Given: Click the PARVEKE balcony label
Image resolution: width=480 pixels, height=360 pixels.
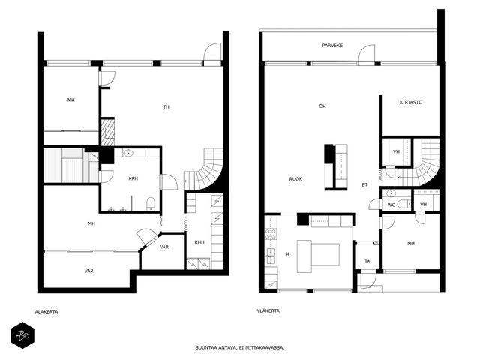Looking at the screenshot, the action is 332,46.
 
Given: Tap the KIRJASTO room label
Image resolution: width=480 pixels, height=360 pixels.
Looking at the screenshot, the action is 411,102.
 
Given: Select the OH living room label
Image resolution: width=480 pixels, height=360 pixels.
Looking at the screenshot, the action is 322,106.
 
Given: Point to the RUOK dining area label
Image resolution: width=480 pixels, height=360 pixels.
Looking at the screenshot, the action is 295,179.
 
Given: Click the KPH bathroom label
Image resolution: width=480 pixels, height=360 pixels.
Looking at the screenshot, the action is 133,178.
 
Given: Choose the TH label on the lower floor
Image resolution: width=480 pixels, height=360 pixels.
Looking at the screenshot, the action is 166,106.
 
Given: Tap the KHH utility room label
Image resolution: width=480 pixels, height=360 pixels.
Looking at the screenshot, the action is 199,242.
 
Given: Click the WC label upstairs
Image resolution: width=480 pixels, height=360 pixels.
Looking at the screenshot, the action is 391,205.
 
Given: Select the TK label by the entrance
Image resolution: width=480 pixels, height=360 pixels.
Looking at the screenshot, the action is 367,261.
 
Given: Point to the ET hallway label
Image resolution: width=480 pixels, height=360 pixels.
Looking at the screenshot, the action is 364,185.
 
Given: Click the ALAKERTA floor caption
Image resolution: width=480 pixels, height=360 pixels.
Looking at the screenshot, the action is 46,312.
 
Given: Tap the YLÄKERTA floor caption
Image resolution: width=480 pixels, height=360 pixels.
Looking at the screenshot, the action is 268,310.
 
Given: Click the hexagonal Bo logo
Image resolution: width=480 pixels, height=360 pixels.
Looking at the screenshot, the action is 22,335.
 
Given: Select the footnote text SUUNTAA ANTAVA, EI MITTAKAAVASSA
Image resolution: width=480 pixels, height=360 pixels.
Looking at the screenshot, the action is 240,348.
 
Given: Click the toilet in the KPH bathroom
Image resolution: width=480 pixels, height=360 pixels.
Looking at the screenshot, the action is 151,203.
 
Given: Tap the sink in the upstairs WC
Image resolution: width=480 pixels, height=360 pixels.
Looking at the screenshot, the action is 391,193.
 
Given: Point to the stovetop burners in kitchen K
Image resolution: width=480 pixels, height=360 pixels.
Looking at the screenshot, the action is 271,234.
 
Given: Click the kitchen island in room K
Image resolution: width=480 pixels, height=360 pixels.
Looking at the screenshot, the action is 318,256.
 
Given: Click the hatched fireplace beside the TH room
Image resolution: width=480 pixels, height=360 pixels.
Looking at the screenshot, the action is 108,132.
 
